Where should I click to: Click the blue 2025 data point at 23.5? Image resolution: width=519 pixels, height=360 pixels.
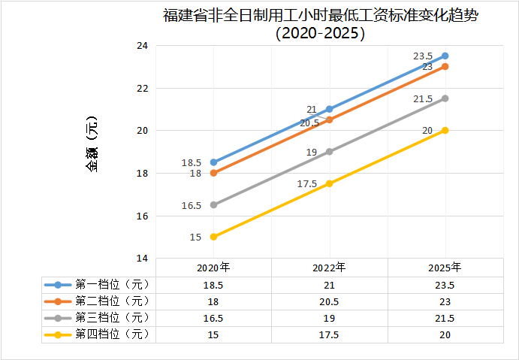(x=445, y=56)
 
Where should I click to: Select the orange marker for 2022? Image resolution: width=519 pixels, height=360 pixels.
(x=330, y=119)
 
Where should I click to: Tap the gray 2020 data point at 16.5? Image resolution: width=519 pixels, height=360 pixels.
(x=214, y=204)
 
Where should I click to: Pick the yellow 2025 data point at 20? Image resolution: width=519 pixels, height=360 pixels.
(x=445, y=130)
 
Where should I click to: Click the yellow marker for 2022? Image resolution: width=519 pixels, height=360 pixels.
(x=330, y=183)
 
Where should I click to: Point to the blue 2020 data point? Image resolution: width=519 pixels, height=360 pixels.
(x=214, y=162)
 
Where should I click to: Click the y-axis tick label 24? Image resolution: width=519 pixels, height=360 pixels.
(x=142, y=46)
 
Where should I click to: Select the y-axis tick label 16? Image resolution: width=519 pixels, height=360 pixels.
(x=142, y=216)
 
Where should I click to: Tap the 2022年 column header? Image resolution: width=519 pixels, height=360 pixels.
(x=329, y=267)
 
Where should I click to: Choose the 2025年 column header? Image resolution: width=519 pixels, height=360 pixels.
(x=445, y=267)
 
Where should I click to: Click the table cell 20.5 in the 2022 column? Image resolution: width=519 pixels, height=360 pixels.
(x=329, y=301)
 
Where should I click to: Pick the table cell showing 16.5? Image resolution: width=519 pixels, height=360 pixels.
(x=213, y=318)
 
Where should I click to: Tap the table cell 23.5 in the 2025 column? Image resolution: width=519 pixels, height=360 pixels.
(x=445, y=285)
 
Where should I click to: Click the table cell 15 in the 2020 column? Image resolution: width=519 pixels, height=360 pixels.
(x=213, y=334)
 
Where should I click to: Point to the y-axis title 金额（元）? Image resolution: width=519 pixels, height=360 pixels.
(x=92, y=143)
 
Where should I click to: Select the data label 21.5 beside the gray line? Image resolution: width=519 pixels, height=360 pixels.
(x=423, y=99)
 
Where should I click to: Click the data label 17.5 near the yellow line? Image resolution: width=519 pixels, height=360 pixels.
(x=307, y=184)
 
